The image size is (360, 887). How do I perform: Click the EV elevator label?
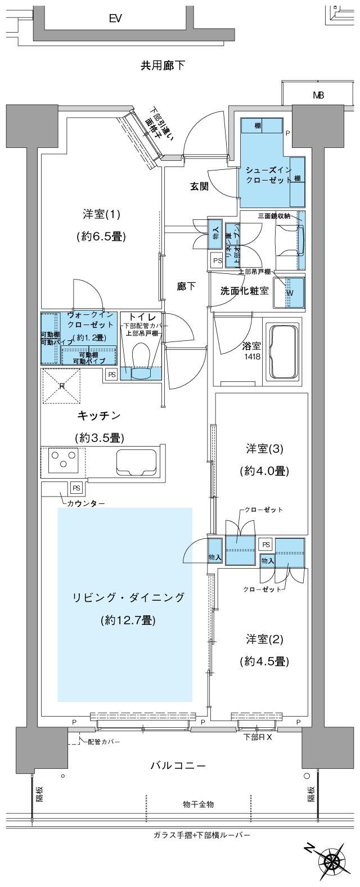(x=116, y=19)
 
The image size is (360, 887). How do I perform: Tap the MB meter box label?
(x=318, y=96)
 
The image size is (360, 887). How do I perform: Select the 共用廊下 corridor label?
(x=163, y=66)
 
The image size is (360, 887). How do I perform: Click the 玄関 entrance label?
(x=199, y=186)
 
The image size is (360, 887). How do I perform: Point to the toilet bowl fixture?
(x=139, y=358)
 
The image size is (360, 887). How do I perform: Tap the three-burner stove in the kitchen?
(x=60, y=461)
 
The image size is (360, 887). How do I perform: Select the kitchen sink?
(x=135, y=462)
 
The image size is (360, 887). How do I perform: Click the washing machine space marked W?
(x=289, y=292)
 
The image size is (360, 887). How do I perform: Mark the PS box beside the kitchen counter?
(x=76, y=488)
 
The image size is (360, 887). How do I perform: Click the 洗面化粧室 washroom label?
(x=244, y=291)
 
